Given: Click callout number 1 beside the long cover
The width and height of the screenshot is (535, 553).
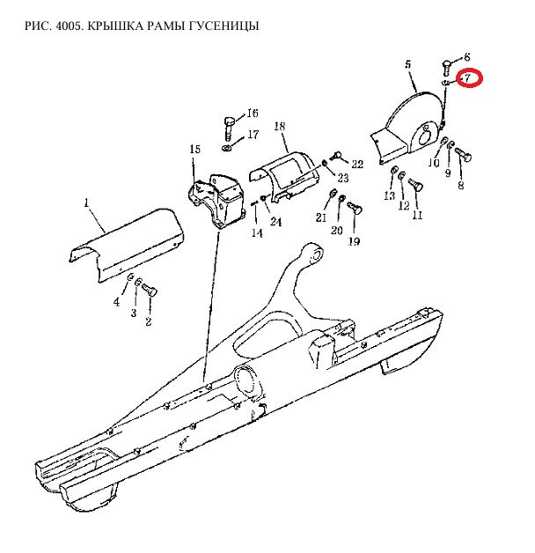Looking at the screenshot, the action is point(87,203).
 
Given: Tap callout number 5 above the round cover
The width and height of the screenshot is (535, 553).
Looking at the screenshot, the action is point(407,64).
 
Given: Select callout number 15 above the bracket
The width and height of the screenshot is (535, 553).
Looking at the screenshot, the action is point(194,149).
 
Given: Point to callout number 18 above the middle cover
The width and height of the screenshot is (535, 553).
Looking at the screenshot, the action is point(279,126).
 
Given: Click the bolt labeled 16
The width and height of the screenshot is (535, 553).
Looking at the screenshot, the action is point(229,129).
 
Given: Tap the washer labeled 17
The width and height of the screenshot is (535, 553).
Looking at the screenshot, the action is point(227,147).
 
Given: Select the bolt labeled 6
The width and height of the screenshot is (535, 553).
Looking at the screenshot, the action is point(446,69).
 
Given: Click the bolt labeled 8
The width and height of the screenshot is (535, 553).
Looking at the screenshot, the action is point(464,155).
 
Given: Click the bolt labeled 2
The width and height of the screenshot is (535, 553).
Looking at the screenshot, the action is point(149,291).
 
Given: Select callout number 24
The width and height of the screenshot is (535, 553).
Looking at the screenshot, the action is point(276,222).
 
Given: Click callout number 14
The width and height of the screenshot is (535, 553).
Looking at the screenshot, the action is point(257,232).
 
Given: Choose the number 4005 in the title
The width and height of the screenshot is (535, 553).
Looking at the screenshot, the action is point(70,26).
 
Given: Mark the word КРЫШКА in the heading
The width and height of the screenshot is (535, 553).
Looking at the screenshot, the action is point(114,26).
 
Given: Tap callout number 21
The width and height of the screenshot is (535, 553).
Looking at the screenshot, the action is point(320,218).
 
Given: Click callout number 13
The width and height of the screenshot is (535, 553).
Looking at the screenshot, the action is point(389,195).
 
